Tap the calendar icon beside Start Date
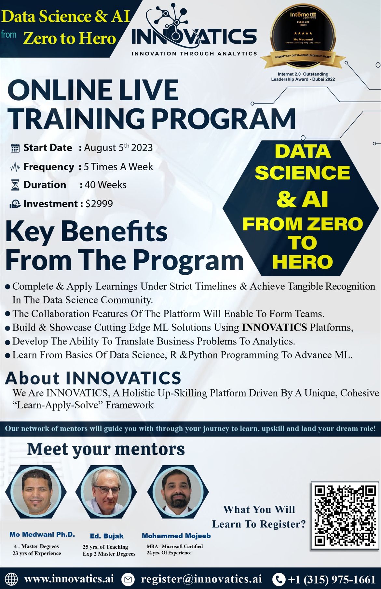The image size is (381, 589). point(15,148)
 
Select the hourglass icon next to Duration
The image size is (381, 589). point(15,185)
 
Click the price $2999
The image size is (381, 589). point(99,204)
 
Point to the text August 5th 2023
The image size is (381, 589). point(118,148)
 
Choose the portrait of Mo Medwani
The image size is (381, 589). point(36,492)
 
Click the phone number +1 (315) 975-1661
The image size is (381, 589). point(332,579)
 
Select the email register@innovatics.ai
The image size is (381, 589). point(201,579)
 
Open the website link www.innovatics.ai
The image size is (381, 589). point(69,579)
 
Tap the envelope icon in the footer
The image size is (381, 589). point(128,579)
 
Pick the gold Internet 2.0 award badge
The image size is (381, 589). point(303,36)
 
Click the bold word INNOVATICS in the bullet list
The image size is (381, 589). point(274,327)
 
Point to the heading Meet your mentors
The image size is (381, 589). point(106,449)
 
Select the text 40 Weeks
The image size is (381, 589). point(105,185)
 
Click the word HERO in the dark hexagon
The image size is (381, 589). point(303,262)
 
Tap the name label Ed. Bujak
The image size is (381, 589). point(107,536)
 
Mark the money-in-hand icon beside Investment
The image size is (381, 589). point(15,204)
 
